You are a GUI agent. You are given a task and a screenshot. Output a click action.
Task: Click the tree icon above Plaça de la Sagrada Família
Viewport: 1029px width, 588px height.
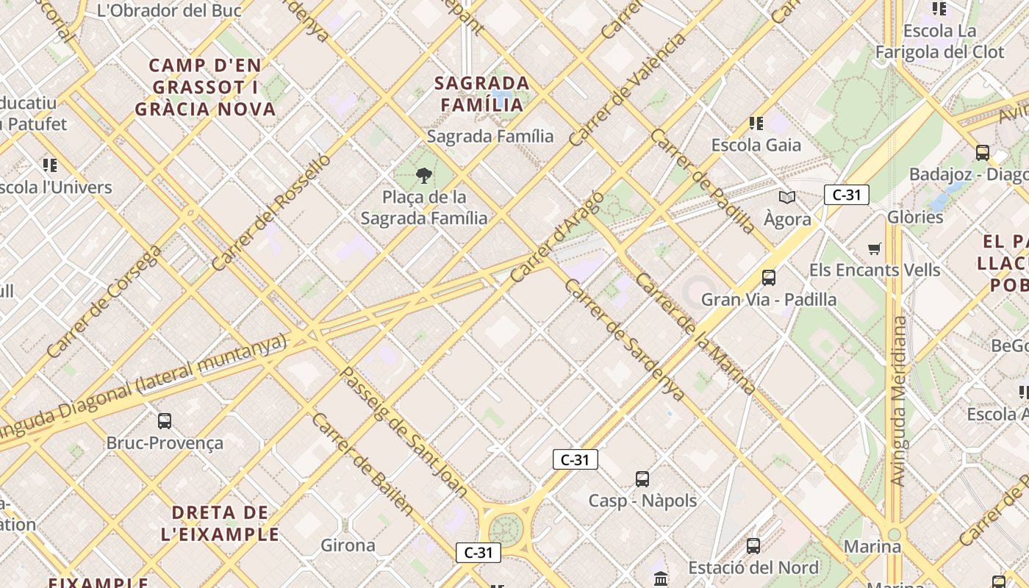(423, 175)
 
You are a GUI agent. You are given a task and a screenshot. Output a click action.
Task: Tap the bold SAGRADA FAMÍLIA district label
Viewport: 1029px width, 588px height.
(482, 93)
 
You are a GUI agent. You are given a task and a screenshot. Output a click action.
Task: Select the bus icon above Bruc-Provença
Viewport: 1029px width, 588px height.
(165, 421)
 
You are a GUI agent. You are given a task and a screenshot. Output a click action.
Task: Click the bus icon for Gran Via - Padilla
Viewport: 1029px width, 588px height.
(769, 278)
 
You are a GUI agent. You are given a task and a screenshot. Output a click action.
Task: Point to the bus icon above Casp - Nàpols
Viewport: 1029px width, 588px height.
(642, 479)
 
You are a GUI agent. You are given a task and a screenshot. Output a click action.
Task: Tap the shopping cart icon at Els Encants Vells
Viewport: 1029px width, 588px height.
(874, 249)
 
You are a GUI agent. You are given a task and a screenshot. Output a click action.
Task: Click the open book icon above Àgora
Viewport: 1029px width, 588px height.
(787, 197)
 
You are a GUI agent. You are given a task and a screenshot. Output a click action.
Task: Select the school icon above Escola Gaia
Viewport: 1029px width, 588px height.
(756, 123)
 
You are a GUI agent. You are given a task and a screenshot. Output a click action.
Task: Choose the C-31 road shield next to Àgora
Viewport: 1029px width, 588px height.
(847, 195)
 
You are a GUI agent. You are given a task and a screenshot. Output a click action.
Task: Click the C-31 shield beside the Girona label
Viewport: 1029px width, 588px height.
(478, 553)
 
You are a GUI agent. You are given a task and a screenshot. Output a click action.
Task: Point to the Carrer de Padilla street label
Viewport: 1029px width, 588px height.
(702, 181)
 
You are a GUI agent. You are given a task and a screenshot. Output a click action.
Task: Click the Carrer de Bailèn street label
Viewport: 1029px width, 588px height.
(362, 464)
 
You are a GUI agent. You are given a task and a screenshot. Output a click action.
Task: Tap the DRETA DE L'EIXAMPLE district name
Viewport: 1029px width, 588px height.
(220, 523)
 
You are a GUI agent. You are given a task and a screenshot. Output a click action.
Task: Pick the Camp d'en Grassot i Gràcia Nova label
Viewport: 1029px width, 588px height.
(205, 87)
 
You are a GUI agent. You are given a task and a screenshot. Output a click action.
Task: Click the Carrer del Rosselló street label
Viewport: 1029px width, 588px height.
(271, 212)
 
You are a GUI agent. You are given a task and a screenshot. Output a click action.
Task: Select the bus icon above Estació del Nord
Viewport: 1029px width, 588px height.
(753, 546)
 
